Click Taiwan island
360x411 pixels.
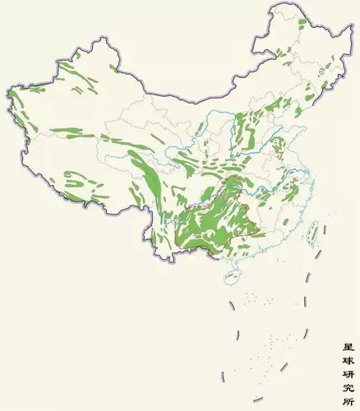tap(312, 237)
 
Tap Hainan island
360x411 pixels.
tap(230, 278)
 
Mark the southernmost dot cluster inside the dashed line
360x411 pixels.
tap(259, 366)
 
